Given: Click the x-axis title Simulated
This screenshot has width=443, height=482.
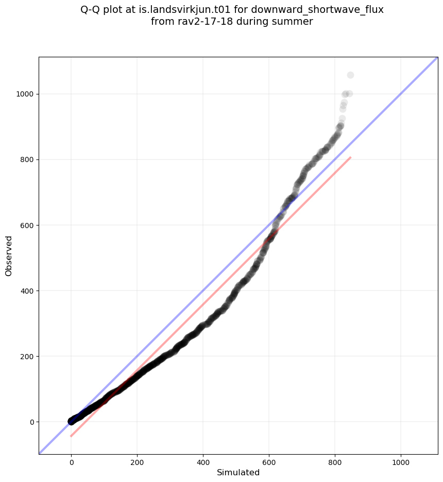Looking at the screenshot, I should coord(238,472).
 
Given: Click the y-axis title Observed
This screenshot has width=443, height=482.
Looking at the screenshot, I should coord(9,255).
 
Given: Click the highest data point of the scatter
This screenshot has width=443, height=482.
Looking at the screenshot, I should coord(350,75).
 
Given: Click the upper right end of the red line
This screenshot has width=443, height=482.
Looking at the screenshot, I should coord(350,157).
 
